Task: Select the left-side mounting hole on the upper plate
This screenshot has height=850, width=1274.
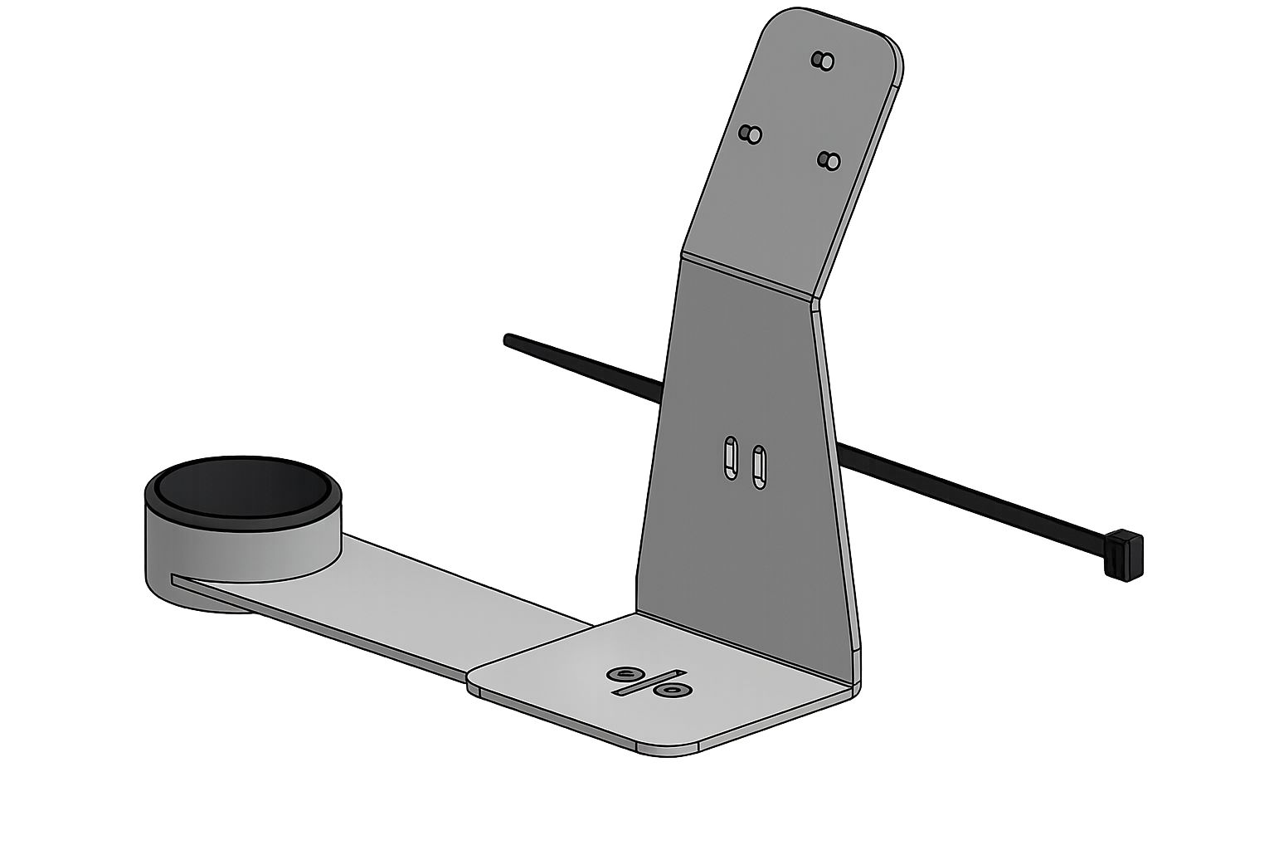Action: point(751,134)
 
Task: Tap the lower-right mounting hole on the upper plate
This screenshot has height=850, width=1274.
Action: point(829,159)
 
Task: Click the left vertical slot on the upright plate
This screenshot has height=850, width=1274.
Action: point(730,457)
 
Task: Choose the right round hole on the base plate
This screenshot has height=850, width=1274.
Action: point(670,689)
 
